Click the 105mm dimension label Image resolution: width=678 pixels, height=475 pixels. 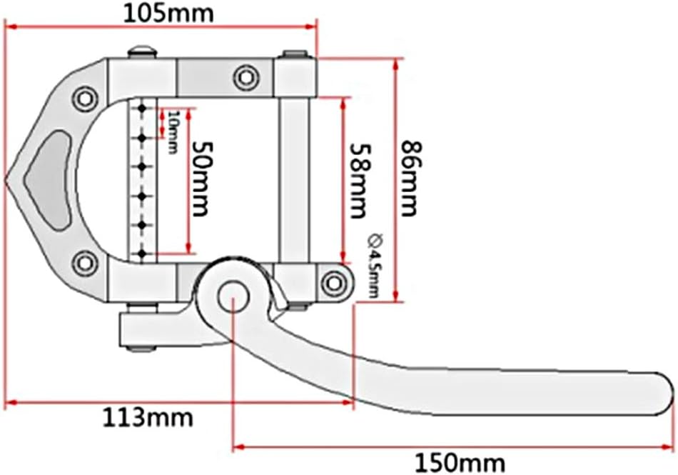(168, 14)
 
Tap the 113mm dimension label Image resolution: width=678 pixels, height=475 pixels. (148, 419)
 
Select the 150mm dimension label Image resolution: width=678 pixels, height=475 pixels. (460, 464)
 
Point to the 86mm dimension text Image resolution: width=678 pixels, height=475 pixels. (410, 179)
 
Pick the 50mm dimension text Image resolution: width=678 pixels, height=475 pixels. (202, 179)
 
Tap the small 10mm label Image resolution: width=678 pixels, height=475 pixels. (173, 132)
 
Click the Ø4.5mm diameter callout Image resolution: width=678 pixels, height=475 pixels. (375, 266)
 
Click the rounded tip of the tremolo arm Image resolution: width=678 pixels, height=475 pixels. (668, 394)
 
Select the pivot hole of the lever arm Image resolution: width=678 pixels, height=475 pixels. (233, 296)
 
